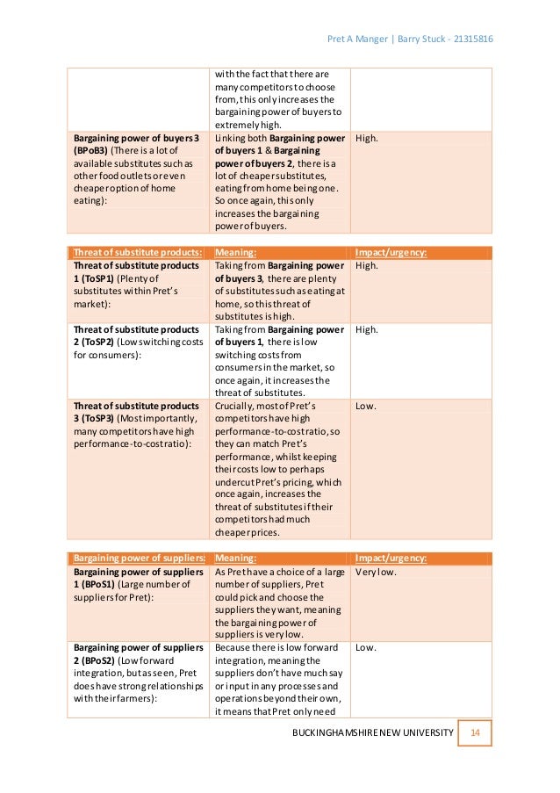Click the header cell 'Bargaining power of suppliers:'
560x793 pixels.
click(138, 558)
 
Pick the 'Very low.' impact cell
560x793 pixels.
click(376, 572)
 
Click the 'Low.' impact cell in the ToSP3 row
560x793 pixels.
click(366, 407)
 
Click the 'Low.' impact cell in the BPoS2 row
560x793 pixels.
click(366, 647)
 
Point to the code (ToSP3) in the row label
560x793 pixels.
click(102, 420)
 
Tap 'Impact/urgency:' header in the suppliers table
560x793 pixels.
click(391, 558)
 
